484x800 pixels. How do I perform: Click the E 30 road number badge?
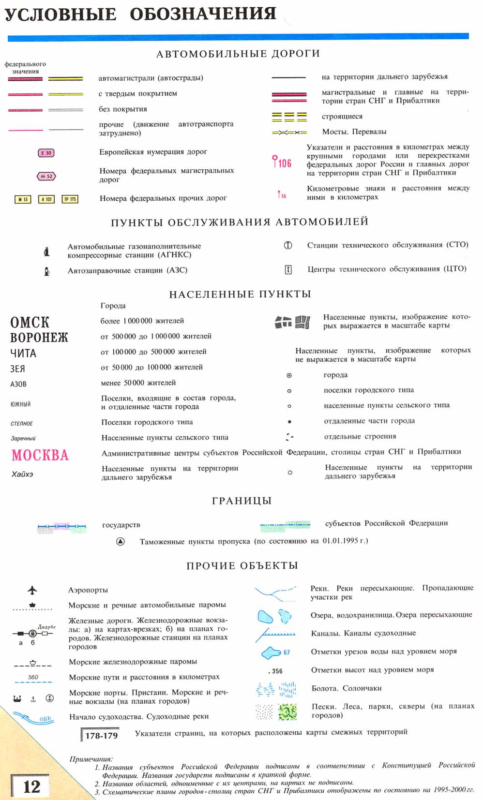[x=46, y=153]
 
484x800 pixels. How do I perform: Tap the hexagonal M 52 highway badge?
[x=46, y=177]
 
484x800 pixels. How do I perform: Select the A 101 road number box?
[x=46, y=199]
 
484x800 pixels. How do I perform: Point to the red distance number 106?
[x=285, y=163]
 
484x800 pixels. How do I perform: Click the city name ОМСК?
[x=30, y=323]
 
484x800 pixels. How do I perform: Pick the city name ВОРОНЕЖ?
[x=39, y=338]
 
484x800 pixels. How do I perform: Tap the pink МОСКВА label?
[x=40, y=455]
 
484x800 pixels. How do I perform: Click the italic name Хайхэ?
[x=22, y=474]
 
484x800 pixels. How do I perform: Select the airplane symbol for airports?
[x=32, y=590]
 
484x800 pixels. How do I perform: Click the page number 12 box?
[x=31, y=786]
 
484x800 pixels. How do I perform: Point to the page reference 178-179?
[x=101, y=736]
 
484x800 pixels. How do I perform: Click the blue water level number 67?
[x=287, y=652]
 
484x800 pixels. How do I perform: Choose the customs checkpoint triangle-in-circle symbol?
[x=121, y=541]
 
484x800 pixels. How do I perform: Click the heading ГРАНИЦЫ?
[x=242, y=501]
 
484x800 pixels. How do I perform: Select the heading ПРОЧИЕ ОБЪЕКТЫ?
[x=242, y=566]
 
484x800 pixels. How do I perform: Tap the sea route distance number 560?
[x=33, y=677]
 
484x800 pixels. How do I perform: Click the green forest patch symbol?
[x=287, y=711]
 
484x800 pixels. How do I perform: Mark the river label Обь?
[x=45, y=719]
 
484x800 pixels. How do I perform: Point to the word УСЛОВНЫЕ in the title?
[x=60, y=15]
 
